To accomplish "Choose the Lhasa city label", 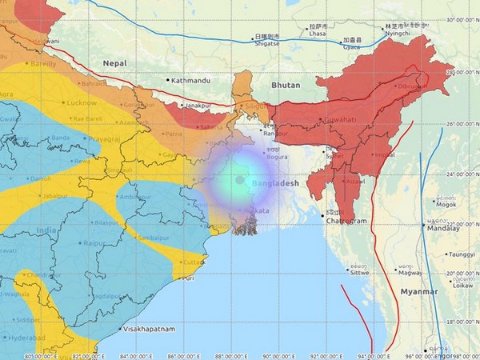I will (319, 34).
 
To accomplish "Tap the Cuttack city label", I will (192, 262).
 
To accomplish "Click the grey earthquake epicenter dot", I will (239, 179).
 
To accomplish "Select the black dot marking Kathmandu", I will (169, 80).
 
